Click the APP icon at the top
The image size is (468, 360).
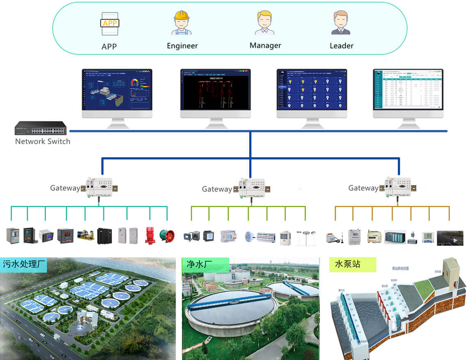[110, 24]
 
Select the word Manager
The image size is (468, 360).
[265, 46]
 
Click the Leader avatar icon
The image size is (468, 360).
[341, 23]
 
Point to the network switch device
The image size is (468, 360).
[41, 129]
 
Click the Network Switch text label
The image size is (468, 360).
[43, 141]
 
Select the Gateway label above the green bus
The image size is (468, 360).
[217, 189]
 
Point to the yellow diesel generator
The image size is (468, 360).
[85, 236]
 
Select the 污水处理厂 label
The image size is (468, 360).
[24, 265]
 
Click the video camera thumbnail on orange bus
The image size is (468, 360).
[450, 238]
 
